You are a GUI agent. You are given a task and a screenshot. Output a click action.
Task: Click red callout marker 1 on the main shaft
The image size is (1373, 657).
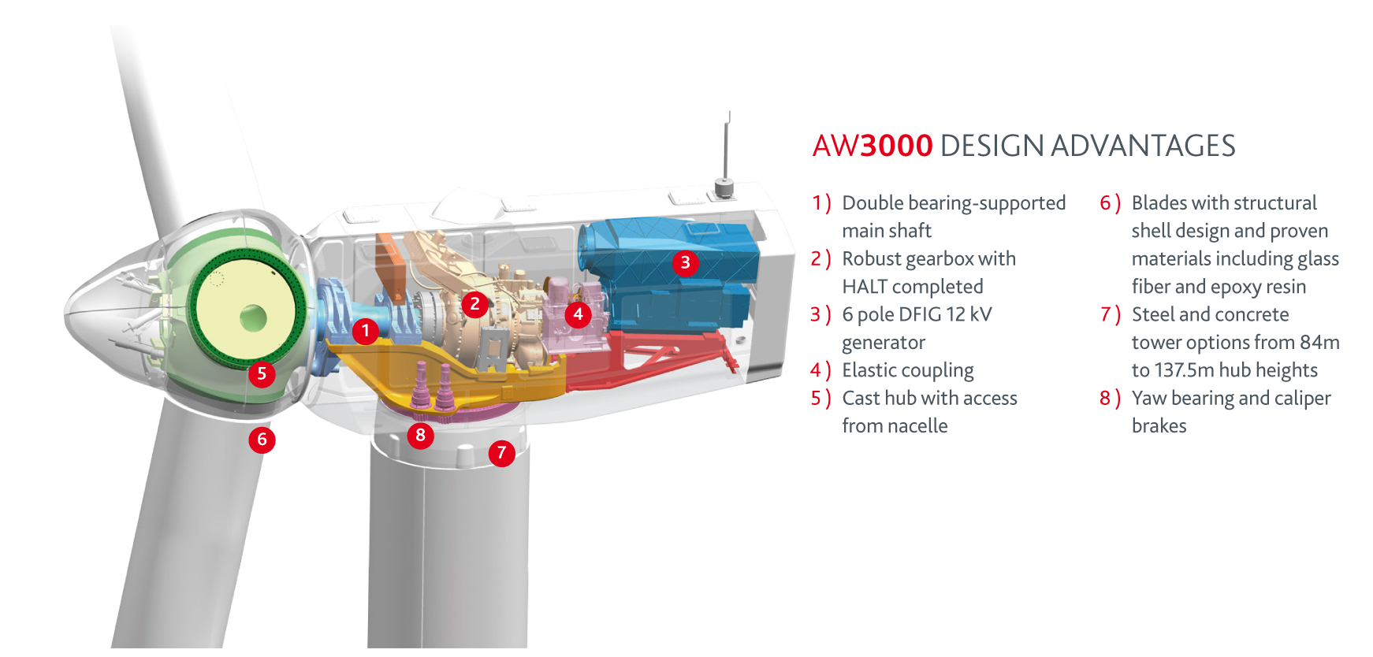point(365,331)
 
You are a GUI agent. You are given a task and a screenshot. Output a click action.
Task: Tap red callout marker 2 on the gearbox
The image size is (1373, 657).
point(474,304)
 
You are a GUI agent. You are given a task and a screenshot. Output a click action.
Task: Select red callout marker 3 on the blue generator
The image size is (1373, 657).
point(685,262)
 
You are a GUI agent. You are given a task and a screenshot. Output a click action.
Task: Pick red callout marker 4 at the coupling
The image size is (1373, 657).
point(578,314)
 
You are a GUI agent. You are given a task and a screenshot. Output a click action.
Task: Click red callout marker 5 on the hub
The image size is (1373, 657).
point(262,373)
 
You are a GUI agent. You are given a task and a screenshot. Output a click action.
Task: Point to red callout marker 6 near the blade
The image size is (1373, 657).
point(262,440)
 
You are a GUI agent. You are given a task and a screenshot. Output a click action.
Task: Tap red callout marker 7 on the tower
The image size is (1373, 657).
point(501,453)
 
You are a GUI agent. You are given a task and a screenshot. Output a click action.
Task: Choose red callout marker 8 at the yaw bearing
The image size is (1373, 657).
point(420,435)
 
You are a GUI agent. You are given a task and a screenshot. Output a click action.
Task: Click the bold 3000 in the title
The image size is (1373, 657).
point(896,147)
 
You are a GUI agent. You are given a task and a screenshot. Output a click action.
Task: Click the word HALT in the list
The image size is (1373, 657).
point(865,287)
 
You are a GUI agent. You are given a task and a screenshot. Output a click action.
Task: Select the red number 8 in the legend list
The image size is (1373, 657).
point(1105,399)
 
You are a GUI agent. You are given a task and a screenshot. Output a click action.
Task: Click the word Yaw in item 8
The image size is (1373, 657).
point(1148,399)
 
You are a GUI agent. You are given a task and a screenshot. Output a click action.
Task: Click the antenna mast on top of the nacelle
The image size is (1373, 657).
point(727,150)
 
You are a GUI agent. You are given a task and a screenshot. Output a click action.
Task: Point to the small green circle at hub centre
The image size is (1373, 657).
point(253,318)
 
